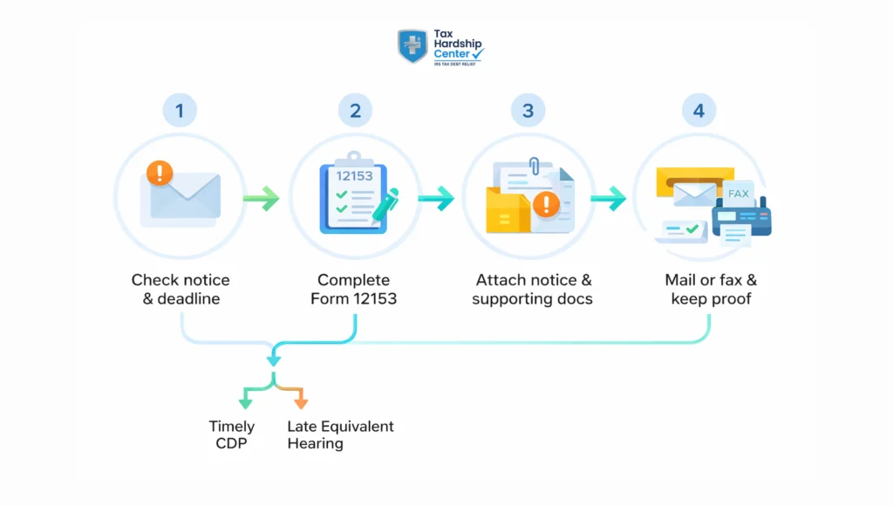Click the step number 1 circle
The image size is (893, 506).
(x=180, y=111)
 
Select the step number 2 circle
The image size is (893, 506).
(x=355, y=111)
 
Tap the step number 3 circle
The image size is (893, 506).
(x=528, y=111)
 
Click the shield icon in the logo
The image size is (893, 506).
(x=412, y=46)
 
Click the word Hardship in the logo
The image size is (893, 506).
(x=457, y=44)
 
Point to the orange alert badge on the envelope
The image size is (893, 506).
(x=160, y=172)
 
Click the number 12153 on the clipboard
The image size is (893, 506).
(x=354, y=175)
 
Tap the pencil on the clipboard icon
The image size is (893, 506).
(x=385, y=203)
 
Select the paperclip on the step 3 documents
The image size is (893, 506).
(x=535, y=166)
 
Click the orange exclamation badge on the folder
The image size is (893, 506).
(x=547, y=205)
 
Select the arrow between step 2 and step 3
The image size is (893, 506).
(x=435, y=199)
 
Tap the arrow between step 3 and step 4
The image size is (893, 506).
(x=608, y=199)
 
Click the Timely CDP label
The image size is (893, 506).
(x=232, y=434)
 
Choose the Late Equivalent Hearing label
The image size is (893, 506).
(x=340, y=434)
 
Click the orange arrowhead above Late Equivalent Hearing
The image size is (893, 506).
(x=300, y=403)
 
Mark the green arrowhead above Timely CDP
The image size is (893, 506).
(x=245, y=403)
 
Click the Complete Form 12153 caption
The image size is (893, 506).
(x=354, y=290)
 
